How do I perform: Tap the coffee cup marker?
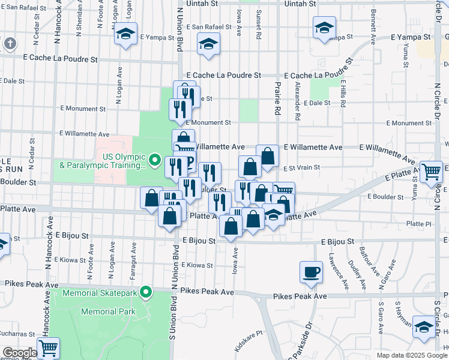point(311,272)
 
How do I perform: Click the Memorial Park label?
point(108,311)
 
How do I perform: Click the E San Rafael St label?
point(209,27)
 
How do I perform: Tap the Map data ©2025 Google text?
point(412,355)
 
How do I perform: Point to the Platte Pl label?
point(419,223)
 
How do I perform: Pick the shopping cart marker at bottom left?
point(48,347)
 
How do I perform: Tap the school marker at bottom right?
point(424,328)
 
